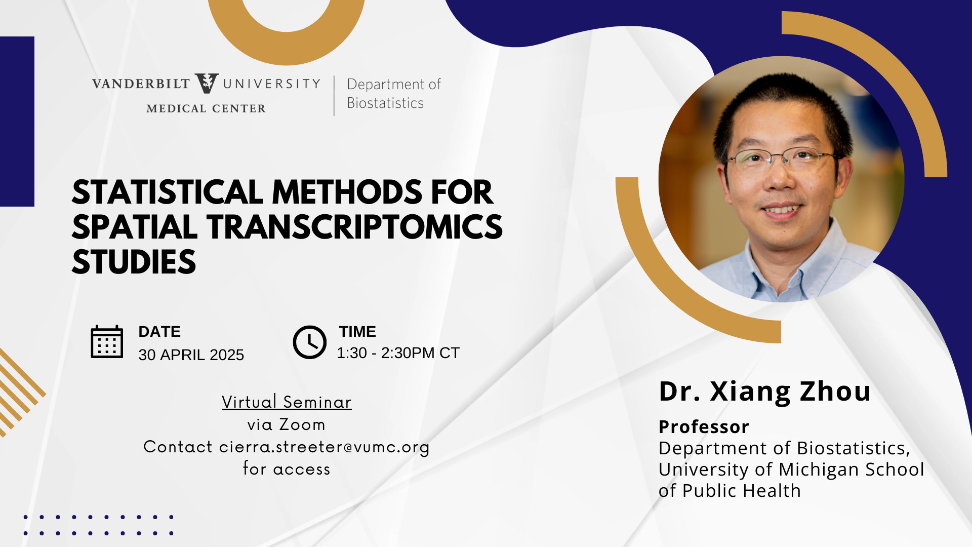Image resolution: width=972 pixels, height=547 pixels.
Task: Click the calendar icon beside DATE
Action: pos(107,342)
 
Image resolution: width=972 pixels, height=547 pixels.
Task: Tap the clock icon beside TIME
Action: pos(309,342)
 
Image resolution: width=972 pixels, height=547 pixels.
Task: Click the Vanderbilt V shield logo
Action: pos(207,83)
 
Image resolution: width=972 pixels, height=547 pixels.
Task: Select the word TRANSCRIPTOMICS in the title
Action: pos(354,227)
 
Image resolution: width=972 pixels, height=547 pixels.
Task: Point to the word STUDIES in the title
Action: pos(134,262)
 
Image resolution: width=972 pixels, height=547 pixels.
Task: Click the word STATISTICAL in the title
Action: pos(168,192)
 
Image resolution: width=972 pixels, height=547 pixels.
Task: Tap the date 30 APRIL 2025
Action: pos(191,355)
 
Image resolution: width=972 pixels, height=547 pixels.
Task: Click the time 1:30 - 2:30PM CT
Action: pos(398,353)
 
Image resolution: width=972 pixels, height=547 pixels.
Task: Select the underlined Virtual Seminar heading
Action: pos(287,402)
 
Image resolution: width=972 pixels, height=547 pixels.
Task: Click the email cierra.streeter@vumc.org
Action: pos(324,447)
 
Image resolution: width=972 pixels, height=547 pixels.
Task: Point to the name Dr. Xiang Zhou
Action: pos(764,391)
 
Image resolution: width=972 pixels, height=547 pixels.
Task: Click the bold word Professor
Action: pos(704,426)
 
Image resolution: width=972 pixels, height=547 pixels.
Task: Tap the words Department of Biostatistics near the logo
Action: pos(394,94)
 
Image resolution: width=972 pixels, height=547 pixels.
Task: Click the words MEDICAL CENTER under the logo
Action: pos(206,108)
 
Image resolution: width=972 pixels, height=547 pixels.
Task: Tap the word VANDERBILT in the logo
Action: pos(141,84)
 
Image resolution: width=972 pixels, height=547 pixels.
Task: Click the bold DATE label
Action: pos(159,331)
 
